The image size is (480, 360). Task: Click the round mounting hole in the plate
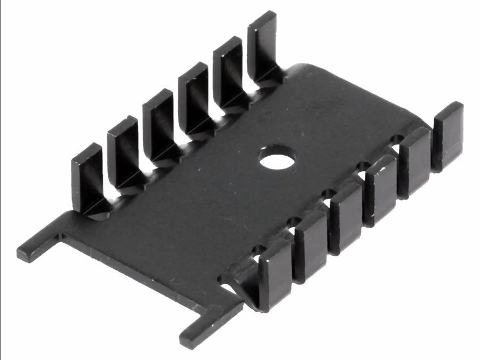click(x=277, y=158)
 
